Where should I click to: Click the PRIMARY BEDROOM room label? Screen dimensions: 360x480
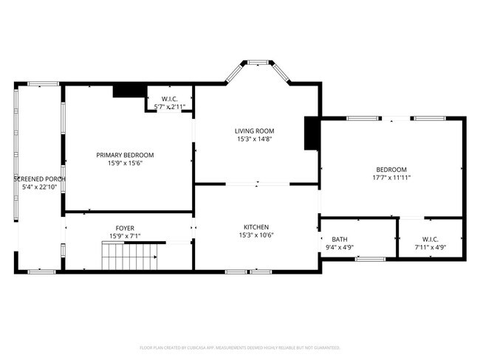[125, 155]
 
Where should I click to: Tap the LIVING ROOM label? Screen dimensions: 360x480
[256, 131]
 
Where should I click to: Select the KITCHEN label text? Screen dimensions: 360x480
[256, 227]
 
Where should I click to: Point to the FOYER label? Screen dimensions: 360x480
[125, 228]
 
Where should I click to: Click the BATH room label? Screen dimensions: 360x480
[340, 239]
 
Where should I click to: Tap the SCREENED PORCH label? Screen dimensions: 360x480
[40, 179]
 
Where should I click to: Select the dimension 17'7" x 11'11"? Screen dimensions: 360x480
[391, 178]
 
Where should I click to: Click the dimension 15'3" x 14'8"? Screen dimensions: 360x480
[256, 139]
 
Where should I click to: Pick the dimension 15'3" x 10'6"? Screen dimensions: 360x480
[256, 236]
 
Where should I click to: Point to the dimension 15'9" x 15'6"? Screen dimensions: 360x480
[125, 164]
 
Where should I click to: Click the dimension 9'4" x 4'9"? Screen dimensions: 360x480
[340, 248]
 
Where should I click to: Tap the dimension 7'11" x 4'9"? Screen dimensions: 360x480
[431, 248]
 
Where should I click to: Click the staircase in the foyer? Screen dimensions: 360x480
[129, 259]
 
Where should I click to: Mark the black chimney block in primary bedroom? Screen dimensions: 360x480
[128, 91]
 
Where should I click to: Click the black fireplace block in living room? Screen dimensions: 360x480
[311, 134]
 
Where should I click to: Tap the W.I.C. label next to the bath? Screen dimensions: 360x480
[431, 239]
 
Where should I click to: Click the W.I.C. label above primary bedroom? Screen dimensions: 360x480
[169, 99]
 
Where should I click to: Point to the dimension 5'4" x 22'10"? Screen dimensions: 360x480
[40, 187]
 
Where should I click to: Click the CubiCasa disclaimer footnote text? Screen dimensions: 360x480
[240, 347]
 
